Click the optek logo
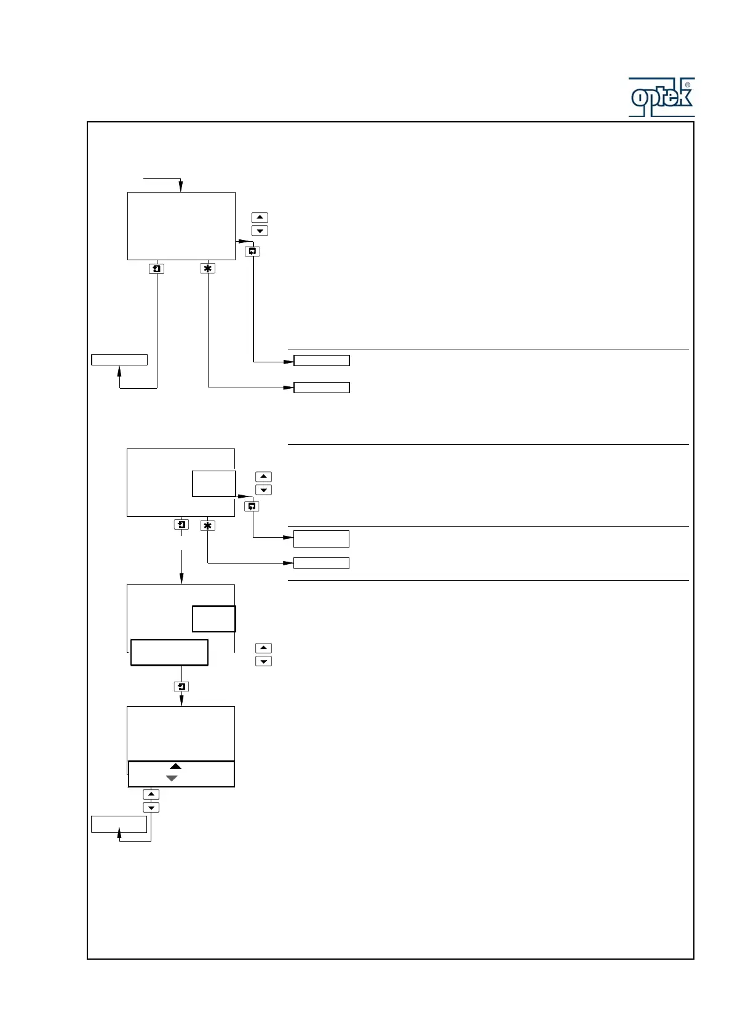click(661, 97)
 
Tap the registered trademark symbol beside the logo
click(687, 85)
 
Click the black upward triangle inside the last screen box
click(175, 767)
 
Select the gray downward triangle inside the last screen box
click(172, 779)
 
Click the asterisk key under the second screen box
click(208, 526)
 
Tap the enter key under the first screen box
click(157, 269)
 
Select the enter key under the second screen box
click(181, 525)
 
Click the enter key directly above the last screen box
click(181, 687)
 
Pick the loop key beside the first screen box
click(252, 251)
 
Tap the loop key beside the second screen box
click(252, 506)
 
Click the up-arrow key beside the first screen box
click(260, 217)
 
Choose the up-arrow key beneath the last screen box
click(151, 794)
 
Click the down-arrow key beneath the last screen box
click(151, 808)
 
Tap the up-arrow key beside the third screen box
click(263, 648)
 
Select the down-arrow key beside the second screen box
click(263, 490)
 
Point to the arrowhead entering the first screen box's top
click(181, 187)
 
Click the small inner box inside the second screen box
click(213, 484)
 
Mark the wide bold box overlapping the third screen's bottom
click(169, 653)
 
